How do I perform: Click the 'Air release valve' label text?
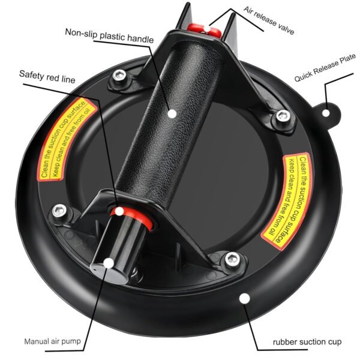269,20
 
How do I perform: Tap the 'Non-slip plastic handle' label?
109,36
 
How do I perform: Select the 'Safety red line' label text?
47,77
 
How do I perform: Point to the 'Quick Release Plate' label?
325,67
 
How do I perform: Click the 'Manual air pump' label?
53,341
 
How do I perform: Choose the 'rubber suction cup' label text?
307,342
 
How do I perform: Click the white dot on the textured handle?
172,113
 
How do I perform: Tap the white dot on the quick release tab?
326,113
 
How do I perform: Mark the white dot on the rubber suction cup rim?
245,298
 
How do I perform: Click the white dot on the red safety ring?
119,211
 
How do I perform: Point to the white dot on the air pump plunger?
109,263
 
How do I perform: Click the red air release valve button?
204,30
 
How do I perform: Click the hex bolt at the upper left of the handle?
119,76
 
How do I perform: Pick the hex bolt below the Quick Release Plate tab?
283,116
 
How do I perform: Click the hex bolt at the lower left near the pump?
59,211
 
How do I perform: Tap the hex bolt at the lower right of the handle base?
232,259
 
